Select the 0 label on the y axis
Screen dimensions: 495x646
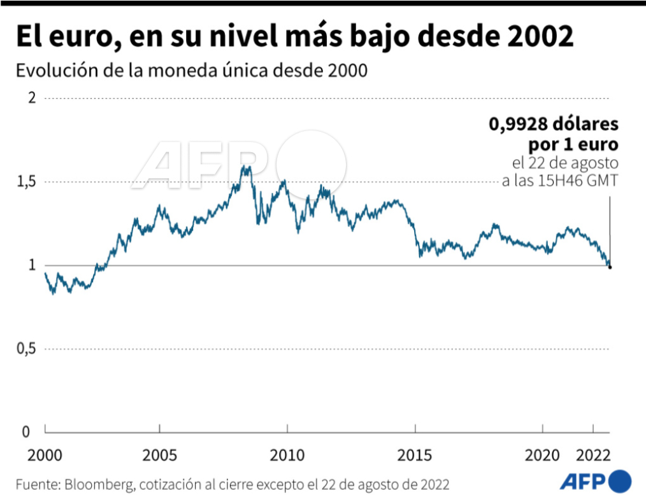25,433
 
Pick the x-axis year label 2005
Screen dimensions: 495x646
159,456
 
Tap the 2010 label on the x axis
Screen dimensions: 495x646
287,456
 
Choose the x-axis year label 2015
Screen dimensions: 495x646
415,456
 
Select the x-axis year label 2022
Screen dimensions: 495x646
594,456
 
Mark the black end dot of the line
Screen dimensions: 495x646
610,267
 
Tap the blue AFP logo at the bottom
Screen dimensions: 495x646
595,480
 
